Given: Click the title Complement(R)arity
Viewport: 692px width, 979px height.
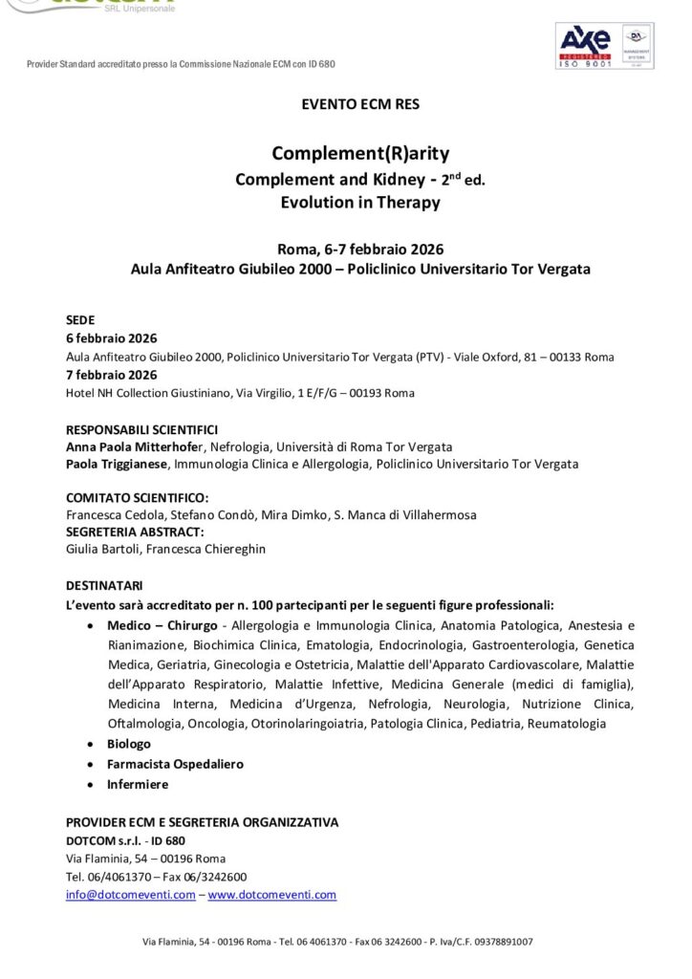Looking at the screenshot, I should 360,153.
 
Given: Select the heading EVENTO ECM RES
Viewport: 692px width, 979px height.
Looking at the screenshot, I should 360,104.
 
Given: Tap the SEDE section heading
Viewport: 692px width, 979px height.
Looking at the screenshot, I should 80,320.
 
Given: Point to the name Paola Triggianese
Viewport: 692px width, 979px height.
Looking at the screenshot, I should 117,464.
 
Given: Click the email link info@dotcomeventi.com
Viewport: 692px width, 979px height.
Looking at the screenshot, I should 130,895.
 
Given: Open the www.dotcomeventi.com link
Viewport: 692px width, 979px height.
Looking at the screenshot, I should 272,895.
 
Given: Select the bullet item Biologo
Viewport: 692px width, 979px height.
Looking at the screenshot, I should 129,744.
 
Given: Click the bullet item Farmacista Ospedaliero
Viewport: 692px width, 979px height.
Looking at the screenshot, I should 162,764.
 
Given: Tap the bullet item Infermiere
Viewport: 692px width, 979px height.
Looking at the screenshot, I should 138,784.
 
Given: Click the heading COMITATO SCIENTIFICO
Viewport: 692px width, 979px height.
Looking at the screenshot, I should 137,497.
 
